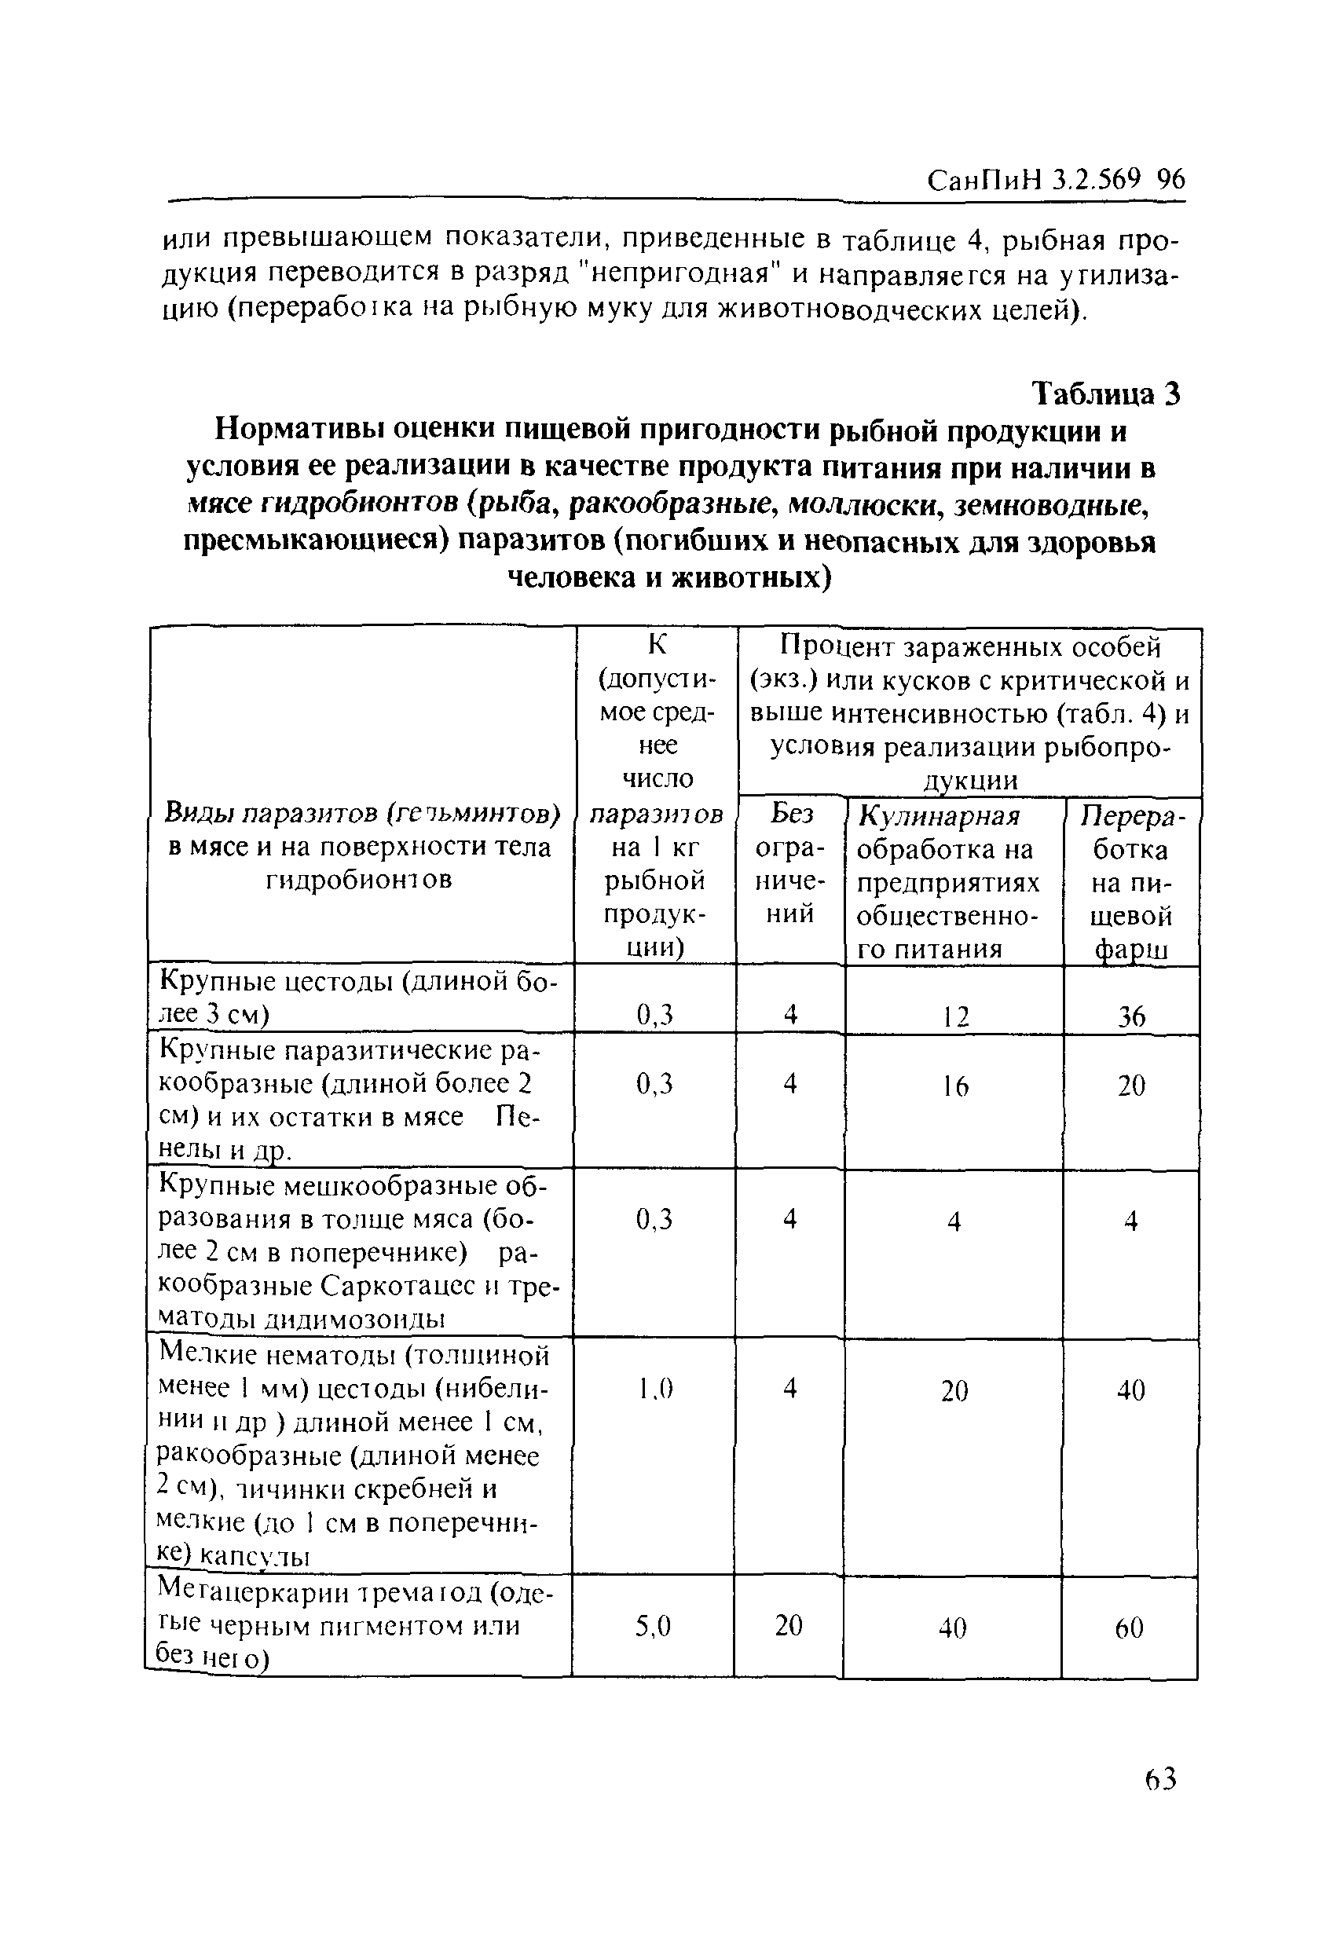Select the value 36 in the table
pyautogui.click(x=1130, y=1016)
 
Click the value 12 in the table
pyautogui.click(x=954, y=1016)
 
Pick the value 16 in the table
pyautogui.click(x=954, y=1086)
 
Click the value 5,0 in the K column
pyautogui.click(x=653, y=1627)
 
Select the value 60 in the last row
pyautogui.click(x=1129, y=1628)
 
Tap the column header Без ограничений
pyautogui.click(x=790, y=863)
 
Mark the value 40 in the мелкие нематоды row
pyautogui.click(x=1130, y=1390)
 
